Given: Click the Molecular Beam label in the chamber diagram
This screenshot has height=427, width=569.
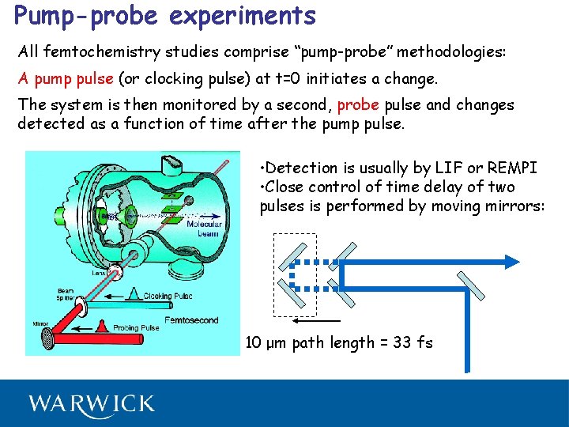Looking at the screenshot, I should click(x=204, y=229).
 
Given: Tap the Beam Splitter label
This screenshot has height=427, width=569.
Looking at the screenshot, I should click(x=66, y=295).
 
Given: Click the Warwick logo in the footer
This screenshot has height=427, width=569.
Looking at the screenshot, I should click(x=92, y=404).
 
